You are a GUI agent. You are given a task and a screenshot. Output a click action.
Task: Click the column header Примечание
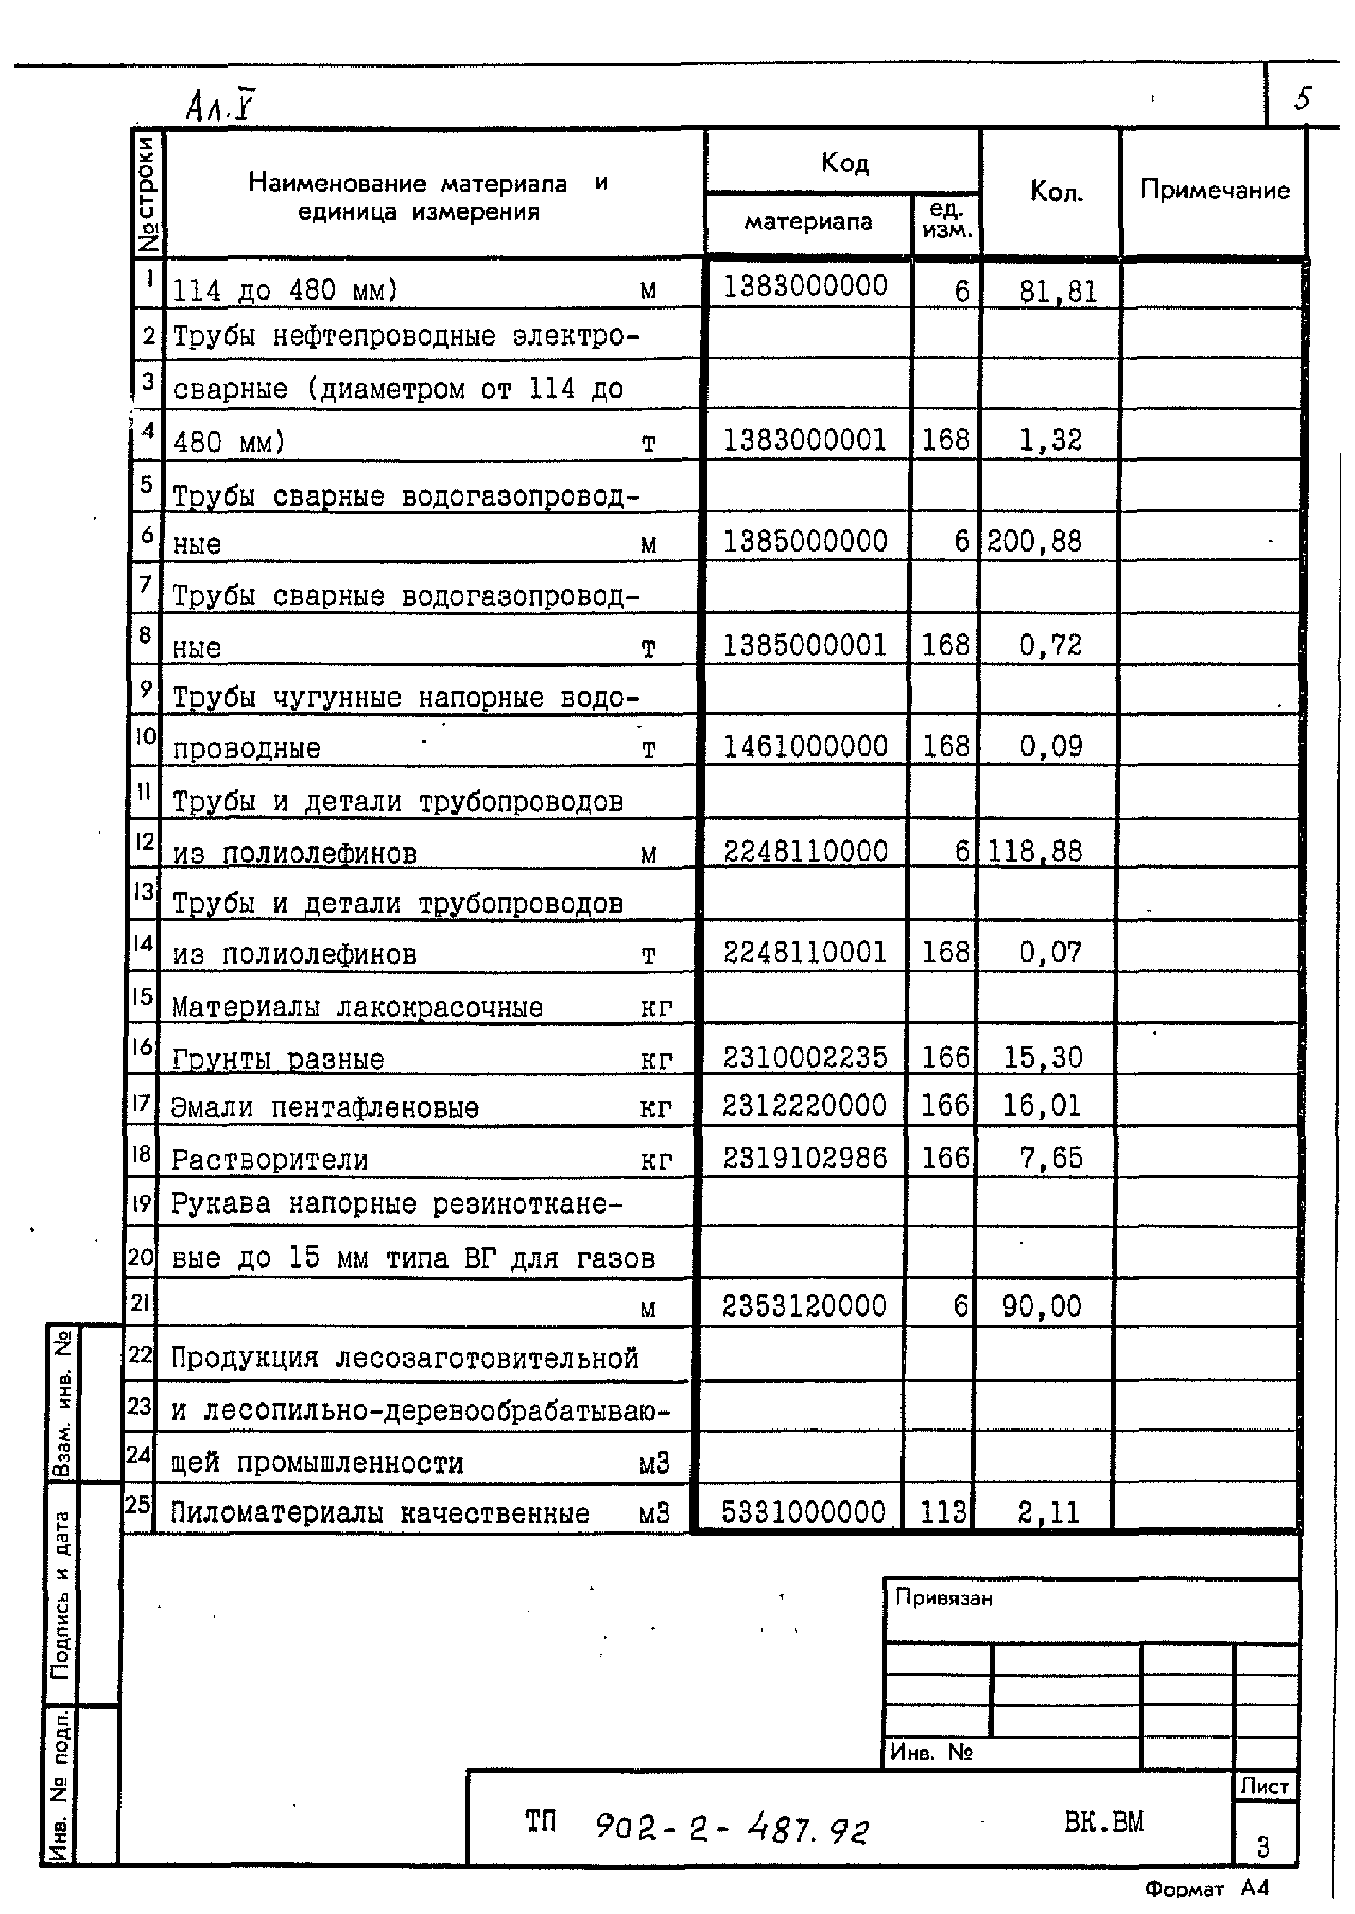[x=1214, y=190]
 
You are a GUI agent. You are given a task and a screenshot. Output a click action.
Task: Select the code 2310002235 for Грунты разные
[x=804, y=1057]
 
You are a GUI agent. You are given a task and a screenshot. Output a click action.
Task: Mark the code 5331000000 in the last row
[x=803, y=1511]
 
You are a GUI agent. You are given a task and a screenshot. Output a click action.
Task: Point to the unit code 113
[x=943, y=1511]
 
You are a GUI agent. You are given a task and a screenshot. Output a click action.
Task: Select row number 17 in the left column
[x=140, y=1103]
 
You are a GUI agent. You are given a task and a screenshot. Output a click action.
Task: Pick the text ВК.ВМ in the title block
[x=1103, y=1821]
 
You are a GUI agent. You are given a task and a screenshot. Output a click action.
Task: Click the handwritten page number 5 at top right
[x=1303, y=99]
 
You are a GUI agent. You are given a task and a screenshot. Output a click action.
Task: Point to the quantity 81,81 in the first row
[x=1057, y=291]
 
